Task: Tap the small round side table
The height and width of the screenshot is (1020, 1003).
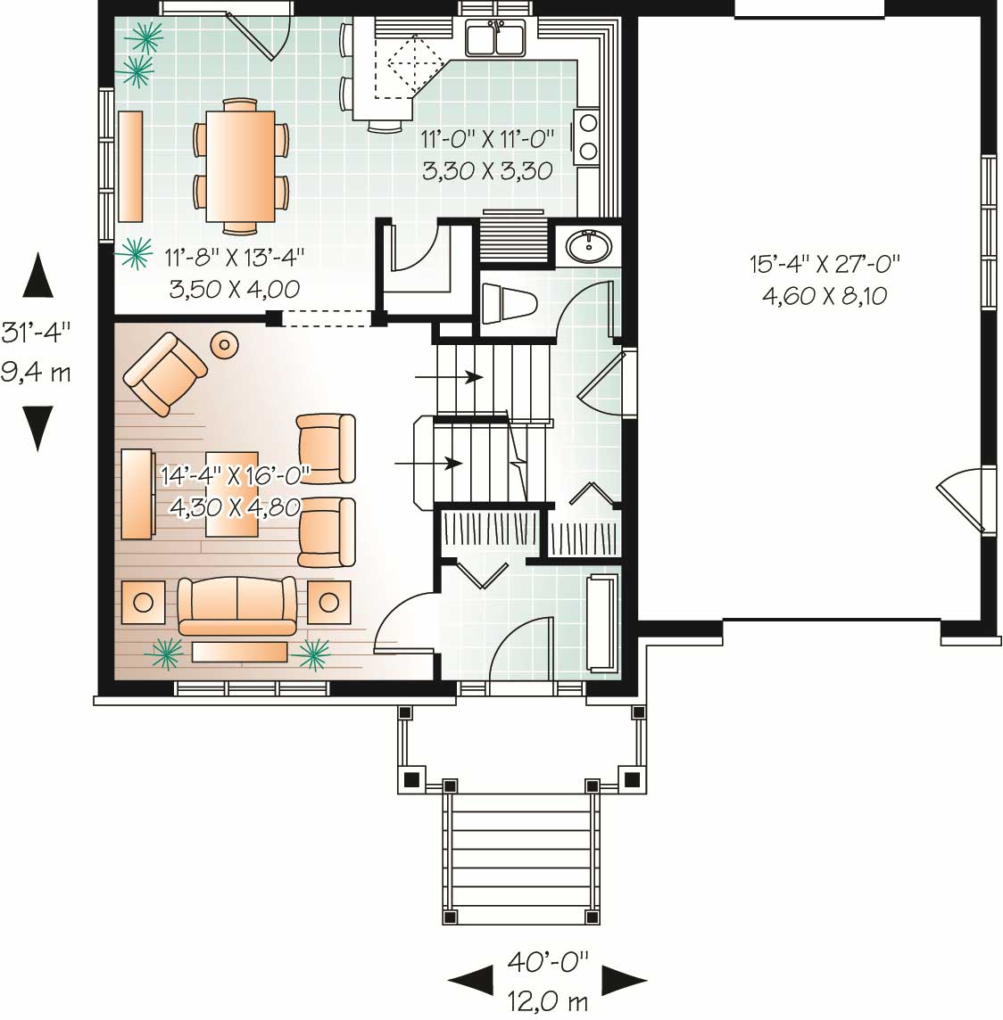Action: pos(223,344)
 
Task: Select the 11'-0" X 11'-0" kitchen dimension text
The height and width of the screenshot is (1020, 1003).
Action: pos(487,139)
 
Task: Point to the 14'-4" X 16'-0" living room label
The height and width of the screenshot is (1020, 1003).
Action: pos(235,473)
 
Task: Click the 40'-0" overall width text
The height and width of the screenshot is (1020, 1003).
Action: pos(549,962)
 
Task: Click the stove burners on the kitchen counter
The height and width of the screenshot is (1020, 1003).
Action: pos(587,136)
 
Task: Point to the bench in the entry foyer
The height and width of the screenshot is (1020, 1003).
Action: pos(601,623)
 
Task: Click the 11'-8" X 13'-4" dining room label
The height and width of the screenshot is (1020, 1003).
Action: pos(235,259)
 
